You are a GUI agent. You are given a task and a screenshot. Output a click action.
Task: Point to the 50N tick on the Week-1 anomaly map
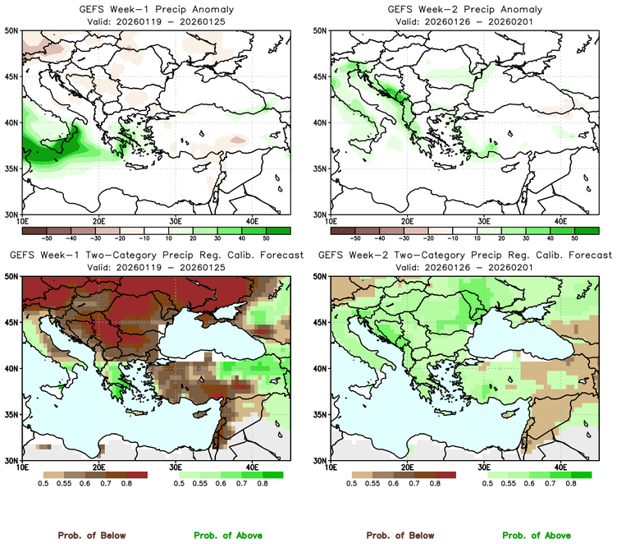coord(11,30)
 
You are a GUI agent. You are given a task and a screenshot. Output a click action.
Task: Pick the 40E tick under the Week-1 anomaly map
coord(251,221)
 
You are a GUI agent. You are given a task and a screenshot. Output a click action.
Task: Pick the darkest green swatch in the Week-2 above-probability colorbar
coord(582,475)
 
